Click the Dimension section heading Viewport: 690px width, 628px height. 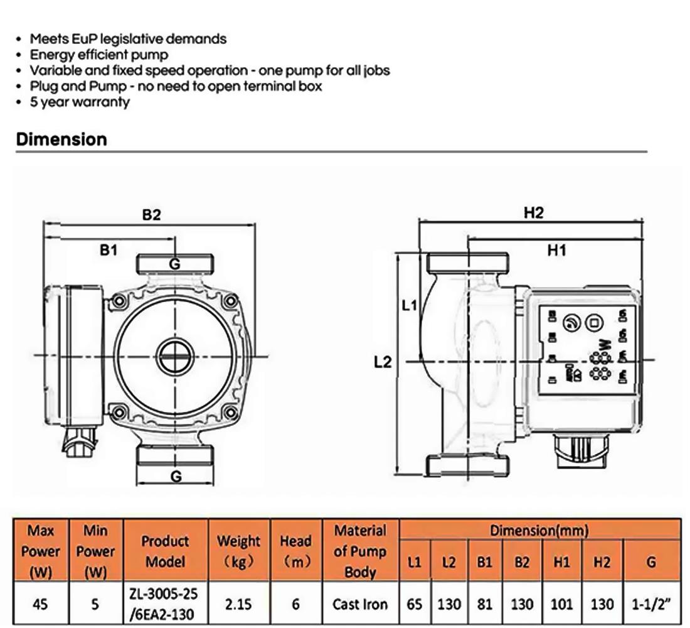coord(61,139)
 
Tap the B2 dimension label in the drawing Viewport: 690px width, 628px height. coord(151,215)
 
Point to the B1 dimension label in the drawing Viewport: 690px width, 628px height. coord(109,250)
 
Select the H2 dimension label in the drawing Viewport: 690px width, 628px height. coord(533,213)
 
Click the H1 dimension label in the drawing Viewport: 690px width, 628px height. coord(556,251)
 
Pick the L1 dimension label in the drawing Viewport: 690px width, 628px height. coord(410,306)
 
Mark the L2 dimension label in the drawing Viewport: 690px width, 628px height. coord(383,362)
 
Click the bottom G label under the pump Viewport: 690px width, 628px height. coord(176,476)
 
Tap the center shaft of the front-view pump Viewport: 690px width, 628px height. coord(176,355)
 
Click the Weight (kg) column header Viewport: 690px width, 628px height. coord(238,550)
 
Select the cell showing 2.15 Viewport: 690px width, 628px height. coord(238,604)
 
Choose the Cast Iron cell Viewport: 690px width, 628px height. coord(360,604)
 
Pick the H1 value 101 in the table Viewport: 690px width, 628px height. coord(561,604)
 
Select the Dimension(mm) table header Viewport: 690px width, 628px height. coord(539,530)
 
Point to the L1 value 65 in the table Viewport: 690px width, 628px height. coord(414,604)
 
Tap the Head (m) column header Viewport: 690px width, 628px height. coord(295,550)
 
